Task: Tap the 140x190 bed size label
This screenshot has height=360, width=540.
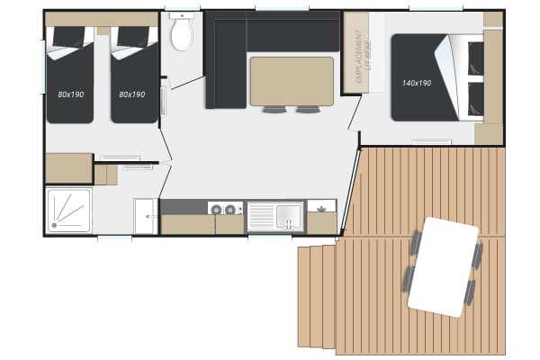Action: pyautogui.click(x=417, y=83)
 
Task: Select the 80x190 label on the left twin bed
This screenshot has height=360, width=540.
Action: pyautogui.click(x=71, y=94)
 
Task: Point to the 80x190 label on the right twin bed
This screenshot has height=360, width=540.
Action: pyautogui.click(x=132, y=94)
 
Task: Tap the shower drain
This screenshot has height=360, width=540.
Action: pyautogui.click(x=54, y=225)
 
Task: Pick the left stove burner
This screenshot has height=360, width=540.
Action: pyautogui.click(x=216, y=209)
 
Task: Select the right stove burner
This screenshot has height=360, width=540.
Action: pyautogui.click(x=230, y=209)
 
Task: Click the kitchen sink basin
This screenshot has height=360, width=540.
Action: pyautogui.click(x=289, y=216)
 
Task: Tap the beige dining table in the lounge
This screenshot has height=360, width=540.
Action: pyautogui.click(x=292, y=81)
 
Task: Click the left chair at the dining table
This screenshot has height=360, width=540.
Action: pyautogui.click(x=274, y=110)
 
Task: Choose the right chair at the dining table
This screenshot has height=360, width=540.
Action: pyautogui.click(x=308, y=110)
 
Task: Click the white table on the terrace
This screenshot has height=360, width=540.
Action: pyautogui.click(x=443, y=267)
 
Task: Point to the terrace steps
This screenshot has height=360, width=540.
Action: pyautogui.click(x=317, y=297)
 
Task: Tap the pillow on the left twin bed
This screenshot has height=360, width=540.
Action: pyautogui.click(x=69, y=37)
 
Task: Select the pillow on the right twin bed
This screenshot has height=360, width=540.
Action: pyautogui.click(x=133, y=37)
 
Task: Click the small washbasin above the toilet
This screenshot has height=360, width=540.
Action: pyautogui.click(x=182, y=15)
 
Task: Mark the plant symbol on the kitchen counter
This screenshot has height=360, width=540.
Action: pyautogui.click(x=321, y=209)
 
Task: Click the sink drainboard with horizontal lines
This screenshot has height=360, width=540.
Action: pyautogui.click(x=261, y=217)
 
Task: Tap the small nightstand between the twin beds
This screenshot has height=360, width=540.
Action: pyautogui.click(x=103, y=31)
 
